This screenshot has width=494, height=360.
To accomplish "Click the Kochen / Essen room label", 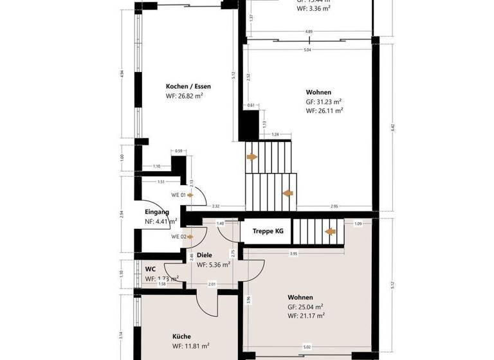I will coord(188,87).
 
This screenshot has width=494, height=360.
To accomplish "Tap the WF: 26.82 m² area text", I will coord(184,96).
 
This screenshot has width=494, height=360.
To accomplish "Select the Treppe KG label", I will coord(267,230).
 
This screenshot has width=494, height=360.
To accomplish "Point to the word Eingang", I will coord(157,212).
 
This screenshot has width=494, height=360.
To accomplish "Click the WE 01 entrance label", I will coord(178,195).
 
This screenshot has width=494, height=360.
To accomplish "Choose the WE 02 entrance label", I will coord(178,237).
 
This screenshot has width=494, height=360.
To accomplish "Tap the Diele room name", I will coord(205,255).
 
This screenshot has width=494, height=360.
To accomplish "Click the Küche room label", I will coord(182,336).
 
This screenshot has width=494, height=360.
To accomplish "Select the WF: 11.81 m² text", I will coord(190,346).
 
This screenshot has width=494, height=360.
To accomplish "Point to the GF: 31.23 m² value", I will coord(324,102).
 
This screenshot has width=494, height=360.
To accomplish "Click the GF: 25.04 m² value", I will coord(306,307).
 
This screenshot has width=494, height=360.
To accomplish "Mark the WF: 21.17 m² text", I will coord(306,316).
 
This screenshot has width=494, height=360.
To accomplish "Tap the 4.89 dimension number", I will coord(309,31).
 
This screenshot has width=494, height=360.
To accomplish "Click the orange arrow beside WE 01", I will coord(191,195).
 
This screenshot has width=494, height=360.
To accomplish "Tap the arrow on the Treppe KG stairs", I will coord(331,232).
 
